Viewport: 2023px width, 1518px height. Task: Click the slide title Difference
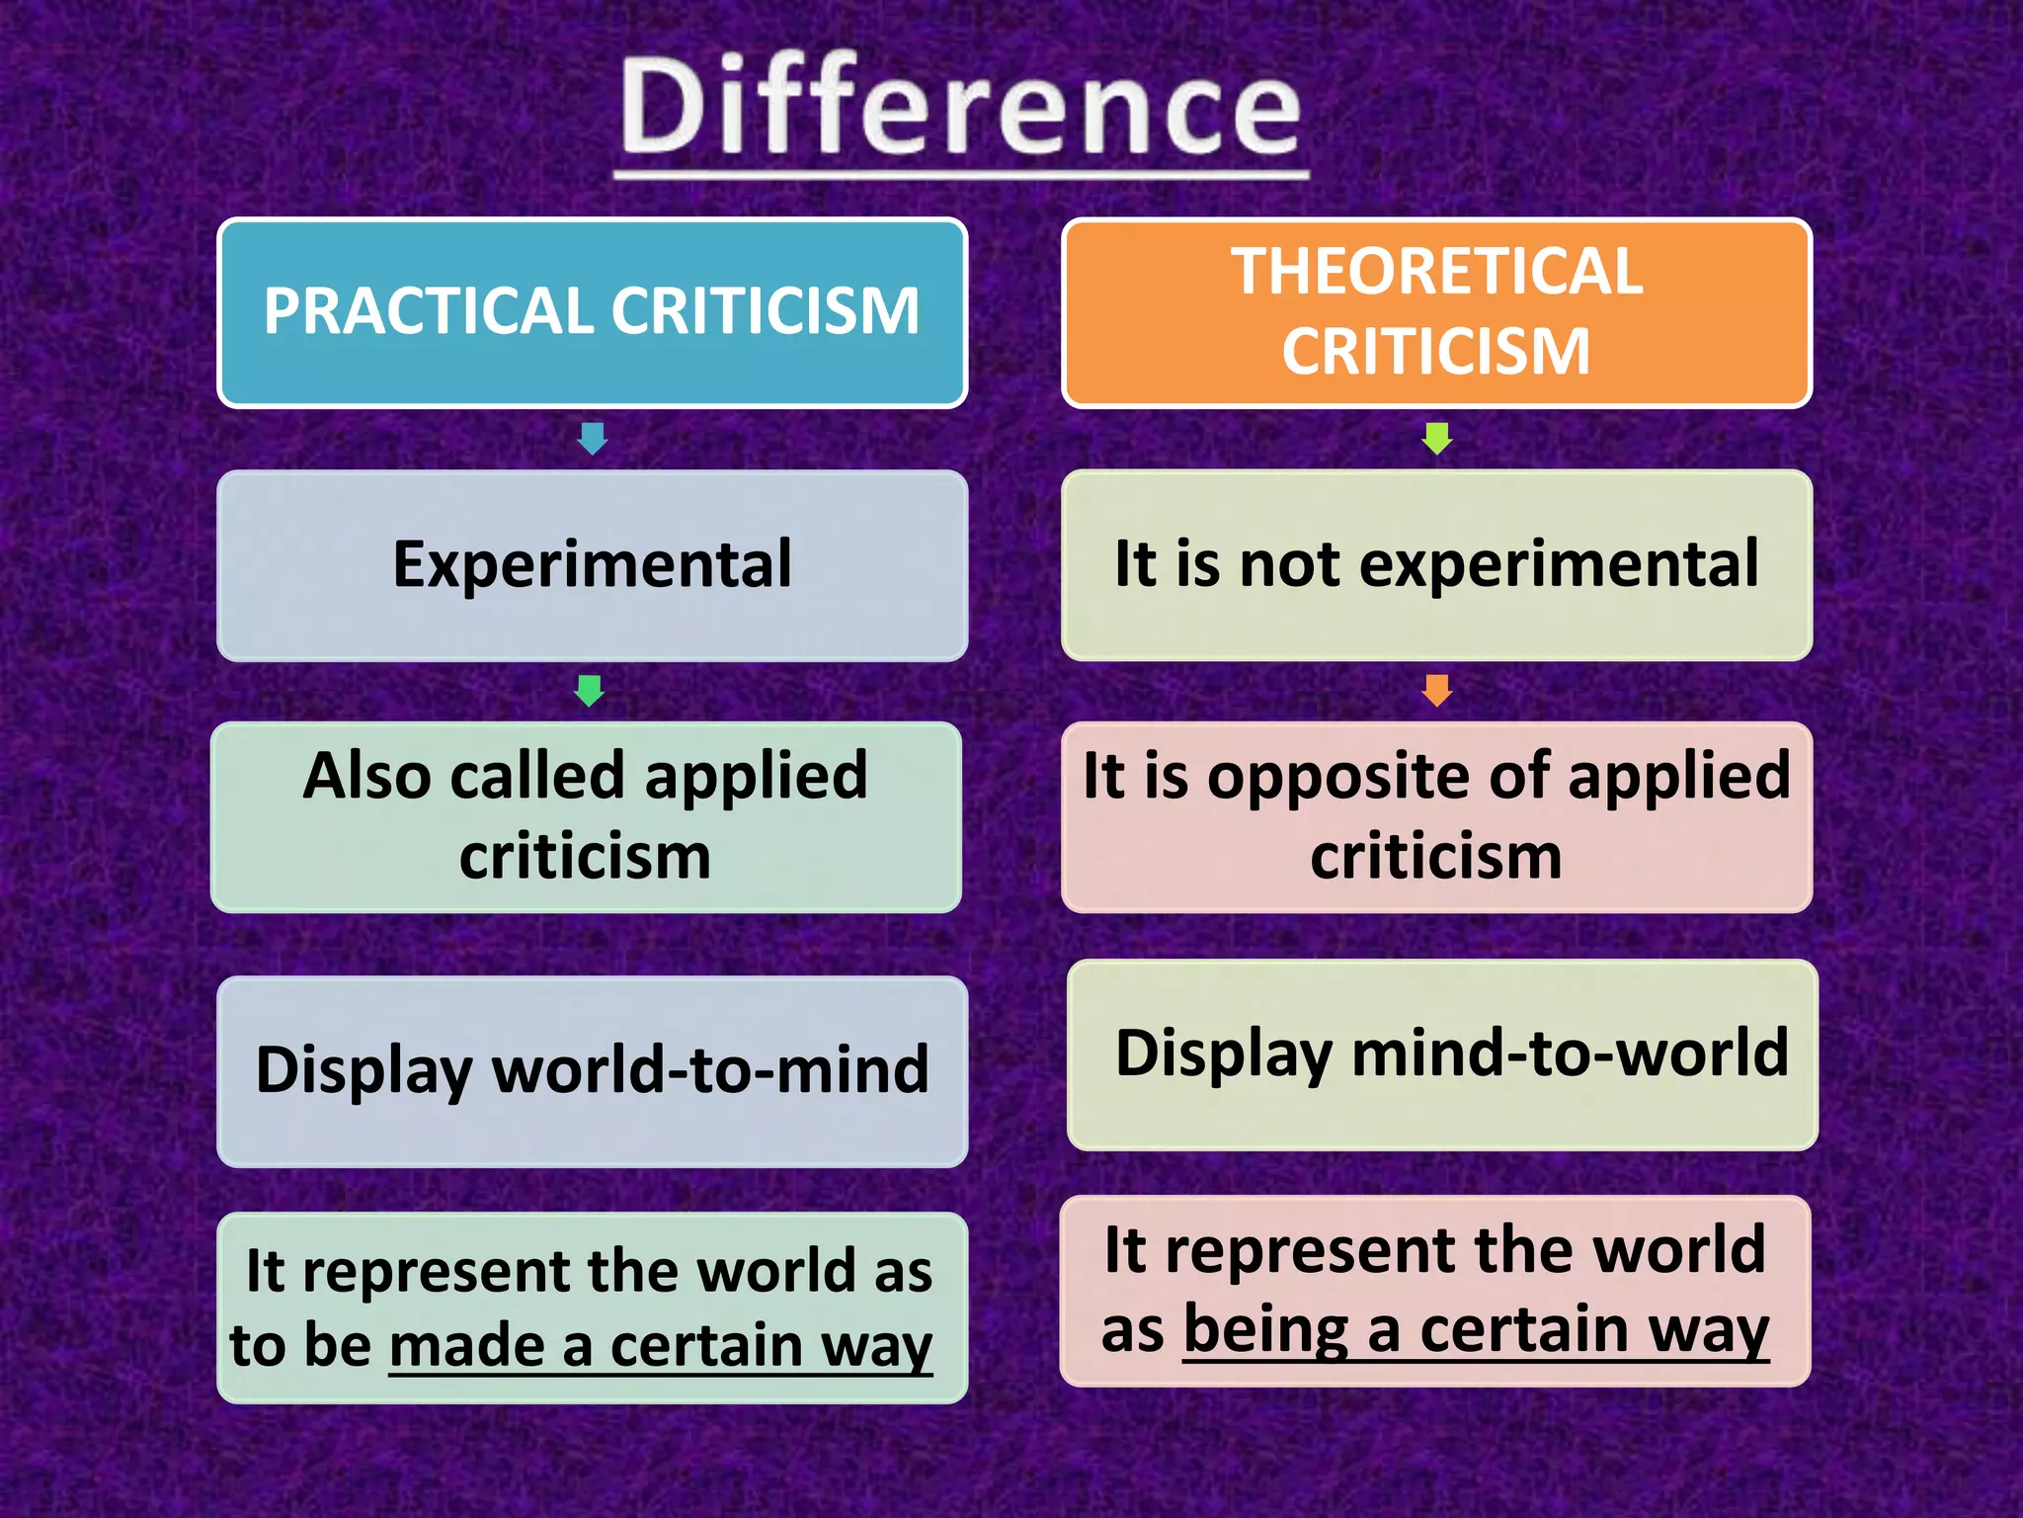click(x=960, y=107)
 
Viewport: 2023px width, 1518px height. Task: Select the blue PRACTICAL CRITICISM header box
click(x=592, y=311)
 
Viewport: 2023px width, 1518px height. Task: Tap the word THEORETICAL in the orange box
click(x=1436, y=271)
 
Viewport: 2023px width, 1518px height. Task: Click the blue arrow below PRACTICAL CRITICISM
click(x=592, y=438)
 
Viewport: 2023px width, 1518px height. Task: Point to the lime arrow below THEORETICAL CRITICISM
click(x=1436, y=438)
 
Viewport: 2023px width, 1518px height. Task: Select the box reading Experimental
click(x=592, y=564)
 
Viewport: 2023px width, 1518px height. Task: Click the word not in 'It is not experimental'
click(x=1289, y=564)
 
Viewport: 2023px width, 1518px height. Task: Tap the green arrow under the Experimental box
click(x=590, y=690)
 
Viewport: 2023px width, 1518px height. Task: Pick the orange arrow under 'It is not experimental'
click(x=1436, y=690)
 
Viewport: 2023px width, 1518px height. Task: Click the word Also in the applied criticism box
click(x=365, y=776)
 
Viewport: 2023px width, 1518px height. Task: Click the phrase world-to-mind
click(x=710, y=1070)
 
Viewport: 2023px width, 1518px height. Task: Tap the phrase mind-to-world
click(x=1570, y=1053)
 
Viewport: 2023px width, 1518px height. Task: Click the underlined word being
click(x=1265, y=1329)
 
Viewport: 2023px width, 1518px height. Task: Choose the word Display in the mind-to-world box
click(x=1223, y=1054)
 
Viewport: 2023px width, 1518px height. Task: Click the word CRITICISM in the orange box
click(x=1436, y=351)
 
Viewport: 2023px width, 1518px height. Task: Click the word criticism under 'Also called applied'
click(x=585, y=856)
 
